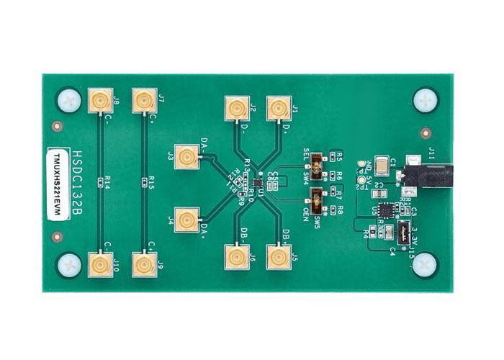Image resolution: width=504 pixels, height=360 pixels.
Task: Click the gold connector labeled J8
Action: pyautogui.click(x=99, y=101)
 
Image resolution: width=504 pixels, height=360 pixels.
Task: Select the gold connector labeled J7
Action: pyautogui.click(x=144, y=101)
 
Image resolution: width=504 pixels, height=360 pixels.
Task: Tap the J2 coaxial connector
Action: pyautogui.click(x=235, y=109)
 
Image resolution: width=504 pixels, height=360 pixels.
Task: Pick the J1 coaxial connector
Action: pyautogui.click(x=278, y=109)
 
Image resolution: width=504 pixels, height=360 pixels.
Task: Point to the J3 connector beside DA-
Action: pyautogui.click(x=188, y=156)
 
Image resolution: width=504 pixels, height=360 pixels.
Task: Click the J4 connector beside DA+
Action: pyautogui.click(x=188, y=220)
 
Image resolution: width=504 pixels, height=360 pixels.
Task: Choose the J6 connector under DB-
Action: pyautogui.click(x=236, y=257)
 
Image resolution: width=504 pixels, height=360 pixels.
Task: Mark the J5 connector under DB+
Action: pyautogui.click(x=278, y=257)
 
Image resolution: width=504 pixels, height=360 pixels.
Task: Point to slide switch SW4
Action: pyautogui.click(x=316, y=165)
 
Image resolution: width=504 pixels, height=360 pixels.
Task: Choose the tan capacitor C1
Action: pyautogui.click(x=382, y=165)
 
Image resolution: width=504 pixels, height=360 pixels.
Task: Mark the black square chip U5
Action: pyautogui.click(x=385, y=210)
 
